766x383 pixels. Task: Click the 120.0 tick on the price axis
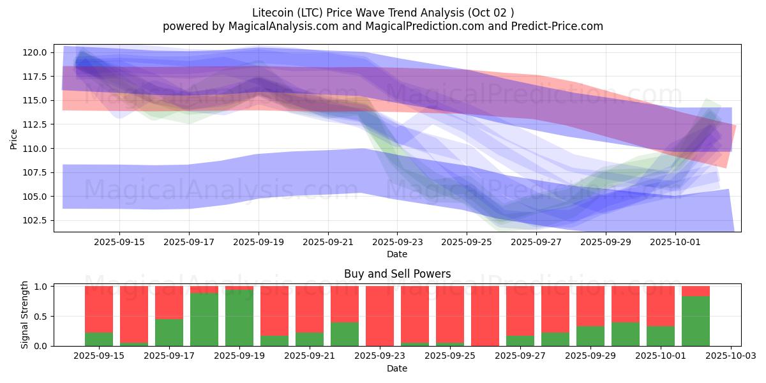tap(35, 52)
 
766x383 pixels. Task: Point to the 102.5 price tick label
tap(35, 220)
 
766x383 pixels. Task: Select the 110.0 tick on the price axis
tap(35, 149)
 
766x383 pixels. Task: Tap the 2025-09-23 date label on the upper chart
tap(398, 243)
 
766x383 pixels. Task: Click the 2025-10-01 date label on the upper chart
tap(676, 243)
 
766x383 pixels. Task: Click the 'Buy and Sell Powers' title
tap(397, 274)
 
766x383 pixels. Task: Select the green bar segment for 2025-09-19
tap(239, 318)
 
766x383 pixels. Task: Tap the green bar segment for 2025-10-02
tap(695, 321)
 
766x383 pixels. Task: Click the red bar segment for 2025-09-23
tap(380, 315)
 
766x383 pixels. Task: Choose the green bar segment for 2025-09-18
tap(204, 319)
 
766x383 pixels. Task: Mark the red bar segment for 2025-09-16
tap(134, 314)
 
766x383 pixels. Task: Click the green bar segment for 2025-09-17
tap(169, 333)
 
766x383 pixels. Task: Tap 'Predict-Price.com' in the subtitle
tap(559, 26)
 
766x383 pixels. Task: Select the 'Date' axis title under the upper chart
tap(397, 254)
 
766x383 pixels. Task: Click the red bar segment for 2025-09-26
tap(485, 316)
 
